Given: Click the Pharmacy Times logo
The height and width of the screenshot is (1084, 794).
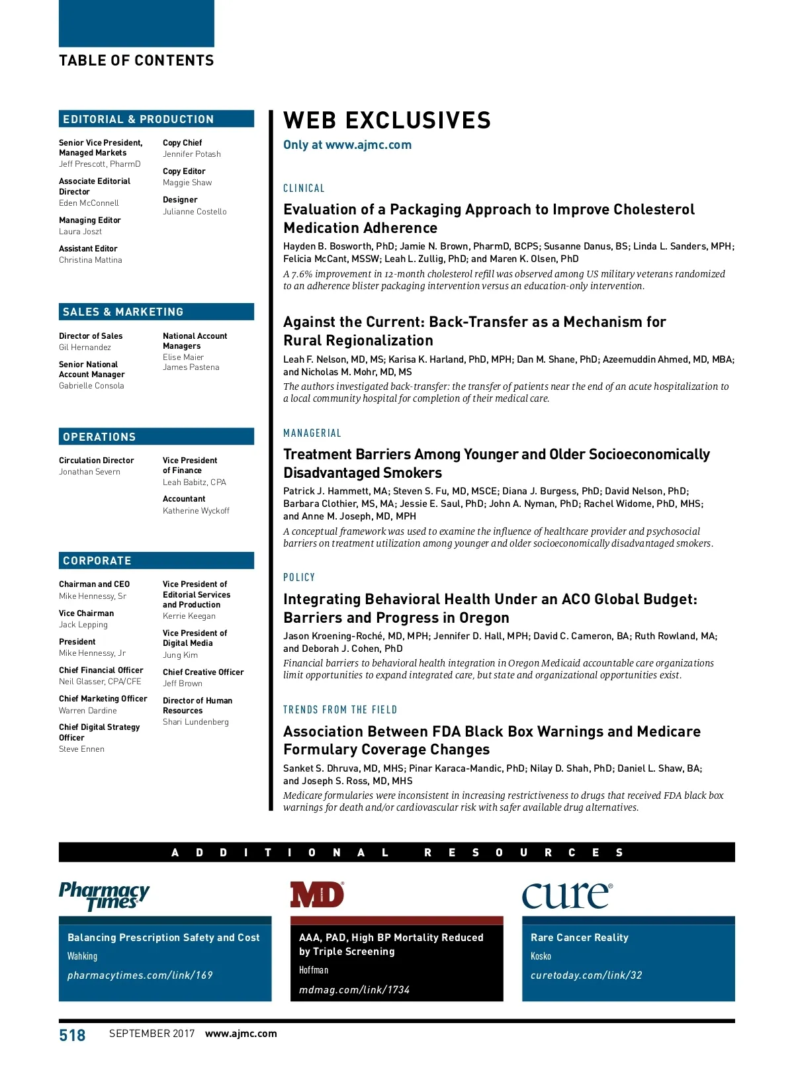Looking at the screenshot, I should coord(105,895).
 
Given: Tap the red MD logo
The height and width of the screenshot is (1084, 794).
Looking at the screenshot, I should coord(317,895).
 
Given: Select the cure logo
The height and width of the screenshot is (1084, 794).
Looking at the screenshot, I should coord(567,895).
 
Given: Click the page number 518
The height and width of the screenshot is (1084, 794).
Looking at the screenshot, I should coord(72,1035).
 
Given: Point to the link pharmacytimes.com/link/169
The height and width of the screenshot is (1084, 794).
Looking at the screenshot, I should coord(140,975).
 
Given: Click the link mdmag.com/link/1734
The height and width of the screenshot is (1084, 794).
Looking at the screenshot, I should coord(354,989).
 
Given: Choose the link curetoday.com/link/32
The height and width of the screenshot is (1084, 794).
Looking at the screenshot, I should coord(586,975).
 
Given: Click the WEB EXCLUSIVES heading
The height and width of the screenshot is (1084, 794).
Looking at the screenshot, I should coord(387,120).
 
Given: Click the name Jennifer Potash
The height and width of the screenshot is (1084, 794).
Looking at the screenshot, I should coord(192,154).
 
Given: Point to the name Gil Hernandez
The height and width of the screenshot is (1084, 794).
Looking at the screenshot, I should coord(85,347).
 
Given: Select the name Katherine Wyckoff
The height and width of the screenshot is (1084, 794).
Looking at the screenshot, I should coord(196,511).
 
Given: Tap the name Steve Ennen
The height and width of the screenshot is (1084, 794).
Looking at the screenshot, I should coord(81,749).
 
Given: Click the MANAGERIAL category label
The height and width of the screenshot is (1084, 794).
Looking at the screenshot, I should coord(312,433).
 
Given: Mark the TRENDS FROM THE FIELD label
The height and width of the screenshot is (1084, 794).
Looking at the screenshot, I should coord(340,710).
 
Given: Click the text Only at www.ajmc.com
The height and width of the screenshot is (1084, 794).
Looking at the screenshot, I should coord(347,145).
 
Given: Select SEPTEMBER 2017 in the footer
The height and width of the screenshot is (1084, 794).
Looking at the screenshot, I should coord(152,1034).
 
